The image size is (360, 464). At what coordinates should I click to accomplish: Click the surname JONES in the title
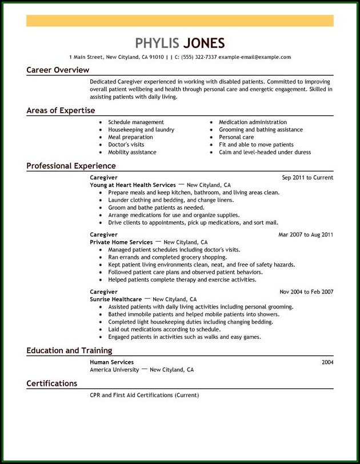pos(203,43)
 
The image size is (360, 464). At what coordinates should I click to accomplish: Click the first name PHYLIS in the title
pos(156,43)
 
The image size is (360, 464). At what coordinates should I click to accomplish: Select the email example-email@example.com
pos(255,57)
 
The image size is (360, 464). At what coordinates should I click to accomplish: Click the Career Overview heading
pos(58,70)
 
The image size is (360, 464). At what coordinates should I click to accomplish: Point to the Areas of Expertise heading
pos(61,110)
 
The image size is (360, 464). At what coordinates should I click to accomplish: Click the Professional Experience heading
pos(71,166)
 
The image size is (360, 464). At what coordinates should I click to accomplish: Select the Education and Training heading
pos(69,350)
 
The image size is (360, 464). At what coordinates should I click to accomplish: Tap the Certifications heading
pos(51,383)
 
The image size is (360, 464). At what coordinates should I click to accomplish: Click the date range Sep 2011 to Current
pos(307,178)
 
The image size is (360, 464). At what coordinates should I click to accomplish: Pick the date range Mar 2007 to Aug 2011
pos(306,235)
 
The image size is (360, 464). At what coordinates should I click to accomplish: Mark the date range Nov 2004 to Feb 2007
pos(306,292)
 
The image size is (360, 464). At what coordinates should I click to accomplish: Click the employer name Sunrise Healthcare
pos(115,299)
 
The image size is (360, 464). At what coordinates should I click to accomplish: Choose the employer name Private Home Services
pos(121,242)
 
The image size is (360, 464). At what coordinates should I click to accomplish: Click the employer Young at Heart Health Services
pos(133,185)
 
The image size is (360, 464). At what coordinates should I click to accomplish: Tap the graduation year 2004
pos(327,362)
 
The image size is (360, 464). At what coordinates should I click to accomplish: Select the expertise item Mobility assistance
pos(132,153)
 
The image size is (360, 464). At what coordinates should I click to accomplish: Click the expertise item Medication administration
pos(253,122)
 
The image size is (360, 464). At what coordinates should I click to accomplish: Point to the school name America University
pos(114,370)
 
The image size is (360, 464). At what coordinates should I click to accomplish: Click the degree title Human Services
pos(111,362)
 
